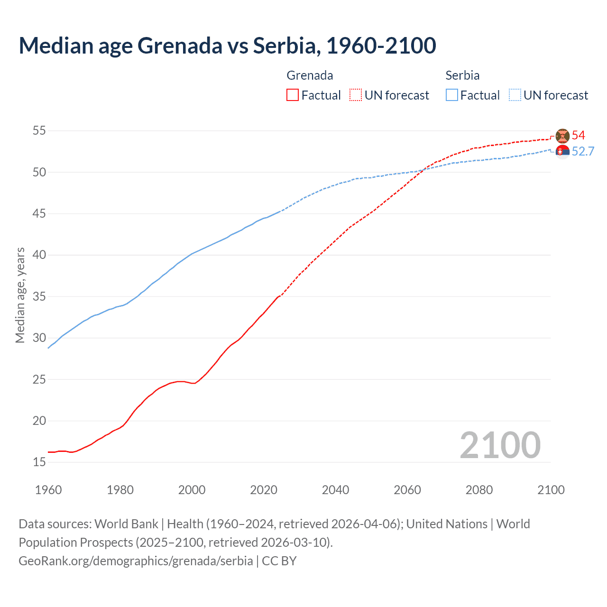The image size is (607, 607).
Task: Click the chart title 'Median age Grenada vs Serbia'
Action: [227, 46]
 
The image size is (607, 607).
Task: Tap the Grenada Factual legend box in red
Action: [293, 95]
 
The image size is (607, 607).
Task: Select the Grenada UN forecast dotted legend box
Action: [356, 95]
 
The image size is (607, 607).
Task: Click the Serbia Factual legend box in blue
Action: [452, 95]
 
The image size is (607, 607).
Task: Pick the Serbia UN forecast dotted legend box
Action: [515, 95]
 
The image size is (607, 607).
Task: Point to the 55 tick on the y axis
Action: [39, 130]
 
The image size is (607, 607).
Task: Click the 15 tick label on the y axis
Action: [39, 462]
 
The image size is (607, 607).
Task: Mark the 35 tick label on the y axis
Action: [39, 296]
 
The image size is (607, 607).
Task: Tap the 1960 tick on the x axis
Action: [48, 490]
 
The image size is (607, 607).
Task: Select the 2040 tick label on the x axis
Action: [335, 490]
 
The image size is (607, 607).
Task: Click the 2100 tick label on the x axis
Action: [551, 490]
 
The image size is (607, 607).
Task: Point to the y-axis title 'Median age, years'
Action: [20, 295]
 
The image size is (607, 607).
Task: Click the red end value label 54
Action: [578, 135]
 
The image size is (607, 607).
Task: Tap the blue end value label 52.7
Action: [583, 151]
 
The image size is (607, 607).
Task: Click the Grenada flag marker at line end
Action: [562, 136]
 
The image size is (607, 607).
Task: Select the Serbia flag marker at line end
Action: [562, 152]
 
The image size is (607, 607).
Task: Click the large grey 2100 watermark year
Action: [500, 445]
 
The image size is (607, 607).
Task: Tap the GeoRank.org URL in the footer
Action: [136, 561]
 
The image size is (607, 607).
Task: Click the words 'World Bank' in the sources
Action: [126, 524]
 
